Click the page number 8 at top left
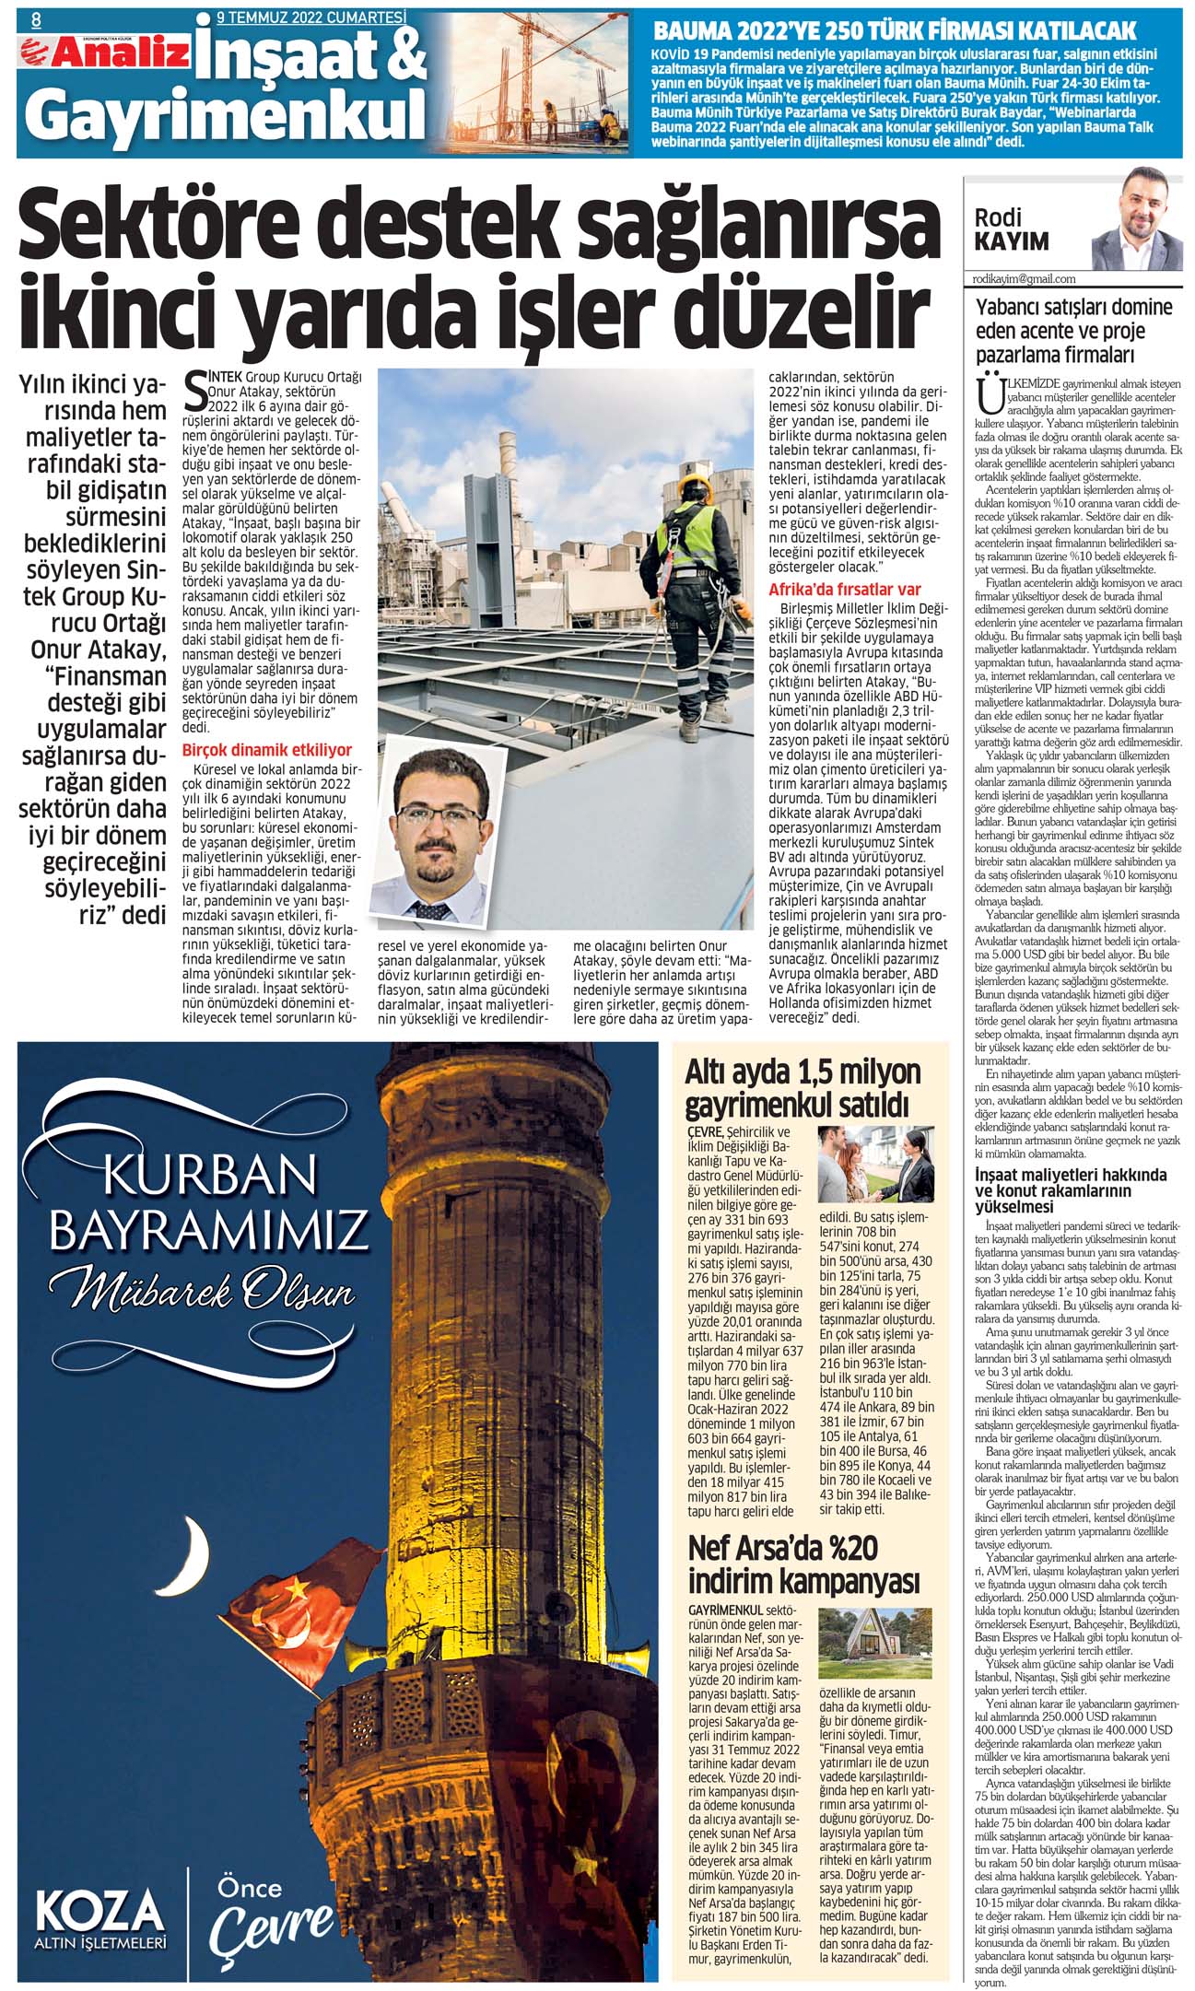[x=36, y=18]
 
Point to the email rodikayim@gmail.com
[x=1024, y=278]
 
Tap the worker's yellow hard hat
[x=690, y=484]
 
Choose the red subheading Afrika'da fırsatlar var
[x=844, y=590]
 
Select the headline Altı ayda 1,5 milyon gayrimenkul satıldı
[x=803, y=1088]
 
